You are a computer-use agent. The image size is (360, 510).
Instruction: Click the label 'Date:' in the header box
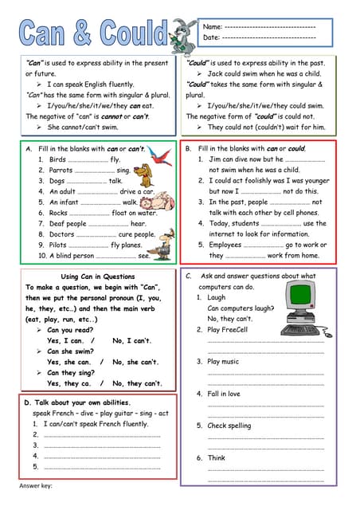click(212, 37)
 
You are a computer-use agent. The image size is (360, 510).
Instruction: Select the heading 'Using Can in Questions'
click(91, 276)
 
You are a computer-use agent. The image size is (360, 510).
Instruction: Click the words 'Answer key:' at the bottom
click(36, 485)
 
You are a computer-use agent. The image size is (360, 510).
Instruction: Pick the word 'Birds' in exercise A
click(57, 159)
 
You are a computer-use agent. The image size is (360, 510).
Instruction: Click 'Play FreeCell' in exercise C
click(228, 329)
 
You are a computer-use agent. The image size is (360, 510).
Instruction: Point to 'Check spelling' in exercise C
click(229, 426)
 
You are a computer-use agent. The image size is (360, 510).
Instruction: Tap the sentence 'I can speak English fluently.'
click(90, 84)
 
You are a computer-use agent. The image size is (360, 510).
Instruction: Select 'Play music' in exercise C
click(223, 361)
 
